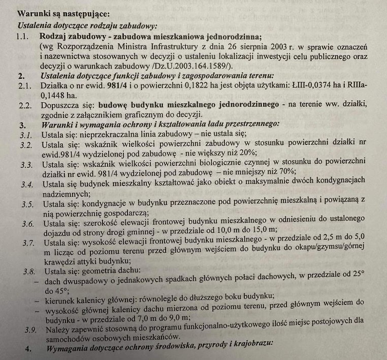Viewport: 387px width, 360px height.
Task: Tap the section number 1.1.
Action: pyautogui.click(x=22, y=37)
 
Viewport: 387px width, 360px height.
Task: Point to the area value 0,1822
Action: pyautogui.click(x=179, y=85)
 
